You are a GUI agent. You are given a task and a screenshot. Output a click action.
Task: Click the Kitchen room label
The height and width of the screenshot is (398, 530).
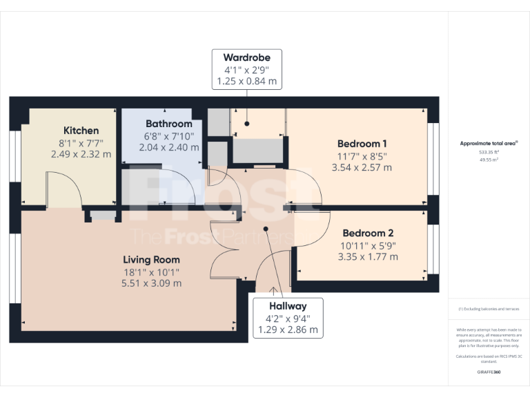click(x=81, y=130)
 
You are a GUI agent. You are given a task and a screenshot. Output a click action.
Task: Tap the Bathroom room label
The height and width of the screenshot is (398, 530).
click(x=168, y=124)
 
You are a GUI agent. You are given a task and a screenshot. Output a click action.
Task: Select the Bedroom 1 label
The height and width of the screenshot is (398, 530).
click(x=362, y=144)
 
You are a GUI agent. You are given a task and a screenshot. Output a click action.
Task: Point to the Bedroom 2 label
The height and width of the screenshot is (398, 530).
click(x=368, y=233)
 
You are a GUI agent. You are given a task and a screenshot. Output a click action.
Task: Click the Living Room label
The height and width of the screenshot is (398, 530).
click(x=151, y=260)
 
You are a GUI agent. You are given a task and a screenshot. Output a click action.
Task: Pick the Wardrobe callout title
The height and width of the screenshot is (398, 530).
click(x=246, y=57)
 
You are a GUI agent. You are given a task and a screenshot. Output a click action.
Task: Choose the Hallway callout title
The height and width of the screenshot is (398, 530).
click(x=288, y=305)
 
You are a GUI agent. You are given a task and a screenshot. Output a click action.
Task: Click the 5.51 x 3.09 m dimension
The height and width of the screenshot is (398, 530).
click(x=151, y=283)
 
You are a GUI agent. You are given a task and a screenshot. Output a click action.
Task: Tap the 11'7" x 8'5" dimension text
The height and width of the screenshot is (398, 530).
click(x=362, y=155)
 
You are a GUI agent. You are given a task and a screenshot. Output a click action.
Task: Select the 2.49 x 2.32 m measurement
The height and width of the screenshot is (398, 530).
click(x=81, y=154)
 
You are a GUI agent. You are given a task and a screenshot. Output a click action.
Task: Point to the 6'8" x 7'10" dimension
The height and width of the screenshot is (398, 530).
click(x=168, y=135)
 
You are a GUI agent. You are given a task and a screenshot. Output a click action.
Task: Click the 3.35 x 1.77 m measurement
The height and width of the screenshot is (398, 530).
click(x=368, y=256)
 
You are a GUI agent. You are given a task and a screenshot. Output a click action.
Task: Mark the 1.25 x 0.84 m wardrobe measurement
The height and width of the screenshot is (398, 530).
click(x=246, y=82)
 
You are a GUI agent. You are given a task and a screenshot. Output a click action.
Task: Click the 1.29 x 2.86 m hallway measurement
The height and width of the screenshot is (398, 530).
click(x=288, y=330)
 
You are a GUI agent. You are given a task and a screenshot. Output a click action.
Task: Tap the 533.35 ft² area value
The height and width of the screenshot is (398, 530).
click(x=489, y=152)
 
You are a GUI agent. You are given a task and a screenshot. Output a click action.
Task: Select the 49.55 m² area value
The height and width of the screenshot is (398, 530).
click(x=489, y=159)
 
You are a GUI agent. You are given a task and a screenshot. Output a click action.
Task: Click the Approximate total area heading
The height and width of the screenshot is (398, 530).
click(x=489, y=144)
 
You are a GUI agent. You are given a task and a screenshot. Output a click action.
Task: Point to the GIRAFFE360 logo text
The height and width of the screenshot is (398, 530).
click(x=489, y=372)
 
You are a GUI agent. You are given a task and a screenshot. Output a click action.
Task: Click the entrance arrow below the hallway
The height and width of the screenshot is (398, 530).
click(x=273, y=291)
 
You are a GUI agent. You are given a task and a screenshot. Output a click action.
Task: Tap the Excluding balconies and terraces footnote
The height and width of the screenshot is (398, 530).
click(x=489, y=309)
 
